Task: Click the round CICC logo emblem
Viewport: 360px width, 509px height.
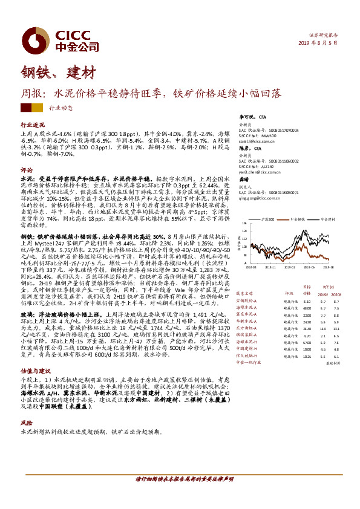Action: [x=29, y=22]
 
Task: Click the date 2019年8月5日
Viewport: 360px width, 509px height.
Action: [x=320, y=44]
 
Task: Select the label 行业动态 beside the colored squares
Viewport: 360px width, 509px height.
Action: [x=59, y=108]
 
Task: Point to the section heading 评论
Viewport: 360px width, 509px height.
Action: [x=27, y=170]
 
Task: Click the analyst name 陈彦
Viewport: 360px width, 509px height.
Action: [x=244, y=148]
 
